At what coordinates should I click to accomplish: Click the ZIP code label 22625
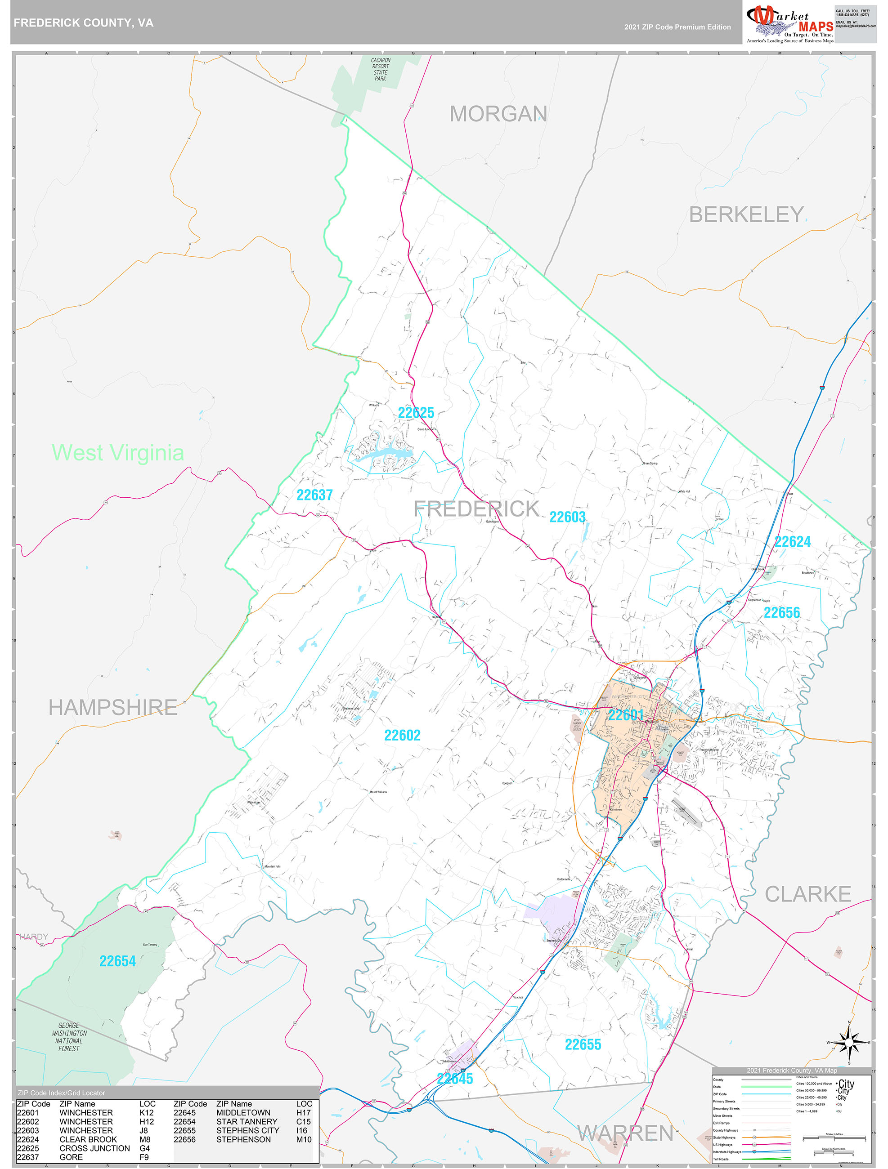tap(416, 413)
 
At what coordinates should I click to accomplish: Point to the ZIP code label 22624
tap(792, 542)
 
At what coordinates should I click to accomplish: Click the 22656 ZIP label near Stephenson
tap(781, 612)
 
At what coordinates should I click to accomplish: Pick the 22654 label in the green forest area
tap(117, 961)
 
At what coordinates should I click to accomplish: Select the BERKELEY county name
tap(746, 214)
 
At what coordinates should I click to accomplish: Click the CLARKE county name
tap(807, 894)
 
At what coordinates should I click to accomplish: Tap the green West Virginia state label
tap(118, 453)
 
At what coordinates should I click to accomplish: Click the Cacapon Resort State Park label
tap(380, 69)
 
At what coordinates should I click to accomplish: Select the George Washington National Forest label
tap(69, 1037)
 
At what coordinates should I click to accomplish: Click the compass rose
tap(849, 1042)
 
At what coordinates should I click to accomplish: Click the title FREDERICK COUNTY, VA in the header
tap(84, 23)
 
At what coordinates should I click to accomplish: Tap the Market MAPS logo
tap(789, 23)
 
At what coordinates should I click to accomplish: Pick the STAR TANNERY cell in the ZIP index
tap(247, 1121)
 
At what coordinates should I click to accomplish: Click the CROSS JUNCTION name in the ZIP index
tap(94, 1148)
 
